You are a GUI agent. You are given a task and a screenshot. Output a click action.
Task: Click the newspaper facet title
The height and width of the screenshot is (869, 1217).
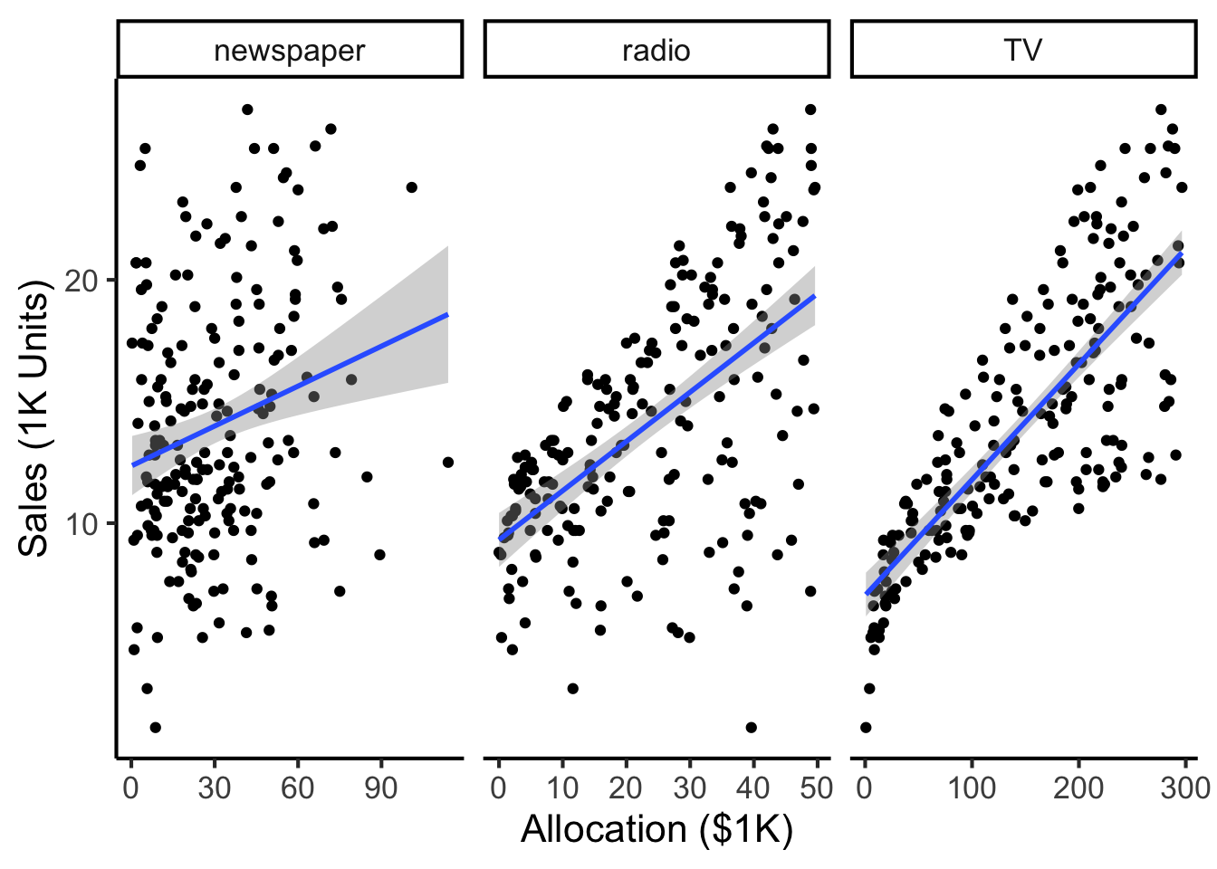tap(290, 51)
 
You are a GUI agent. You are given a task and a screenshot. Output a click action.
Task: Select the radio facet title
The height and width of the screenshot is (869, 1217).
tap(656, 51)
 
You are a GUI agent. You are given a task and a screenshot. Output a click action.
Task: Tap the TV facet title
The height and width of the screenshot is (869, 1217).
tap(1023, 51)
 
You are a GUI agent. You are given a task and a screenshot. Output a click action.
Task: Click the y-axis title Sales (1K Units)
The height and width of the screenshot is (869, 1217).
tap(34, 418)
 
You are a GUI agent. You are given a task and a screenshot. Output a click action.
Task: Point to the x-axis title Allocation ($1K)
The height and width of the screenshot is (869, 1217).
tap(656, 829)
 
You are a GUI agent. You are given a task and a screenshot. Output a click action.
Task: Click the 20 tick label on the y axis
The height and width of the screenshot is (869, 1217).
tap(81, 281)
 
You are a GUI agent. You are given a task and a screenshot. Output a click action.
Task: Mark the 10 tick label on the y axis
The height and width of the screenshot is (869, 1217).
tap(81, 524)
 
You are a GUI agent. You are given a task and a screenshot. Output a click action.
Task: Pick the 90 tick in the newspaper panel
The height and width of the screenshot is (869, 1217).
tap(381, 788)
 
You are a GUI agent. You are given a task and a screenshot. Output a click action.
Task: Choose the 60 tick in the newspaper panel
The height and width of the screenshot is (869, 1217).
tap(297, 788)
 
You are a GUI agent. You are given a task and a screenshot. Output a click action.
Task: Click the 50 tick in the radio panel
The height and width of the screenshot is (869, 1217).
tap(817, 788)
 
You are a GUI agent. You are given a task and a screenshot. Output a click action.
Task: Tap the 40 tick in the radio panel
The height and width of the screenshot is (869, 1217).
tap(752, 788)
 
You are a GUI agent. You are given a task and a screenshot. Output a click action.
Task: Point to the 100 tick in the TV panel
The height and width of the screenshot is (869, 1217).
tap(972, 788)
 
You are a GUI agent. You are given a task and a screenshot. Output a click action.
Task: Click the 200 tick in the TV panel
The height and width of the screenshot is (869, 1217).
tap(1078, 788)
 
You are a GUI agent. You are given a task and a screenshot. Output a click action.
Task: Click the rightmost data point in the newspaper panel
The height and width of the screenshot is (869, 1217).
tap(447, 463)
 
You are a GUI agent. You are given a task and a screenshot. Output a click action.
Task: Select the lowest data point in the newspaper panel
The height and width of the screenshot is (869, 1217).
tap(156, 727)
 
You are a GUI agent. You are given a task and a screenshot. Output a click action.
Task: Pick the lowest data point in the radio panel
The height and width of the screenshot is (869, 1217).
tap(751, 727)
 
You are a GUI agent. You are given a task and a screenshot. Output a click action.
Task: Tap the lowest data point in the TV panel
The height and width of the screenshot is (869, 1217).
tap(866, 727)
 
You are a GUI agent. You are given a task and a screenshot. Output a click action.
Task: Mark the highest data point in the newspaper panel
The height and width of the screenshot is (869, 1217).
tap(247, 110)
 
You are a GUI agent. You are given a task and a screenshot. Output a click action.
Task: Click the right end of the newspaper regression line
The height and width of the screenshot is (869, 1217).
tap(448, 314)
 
